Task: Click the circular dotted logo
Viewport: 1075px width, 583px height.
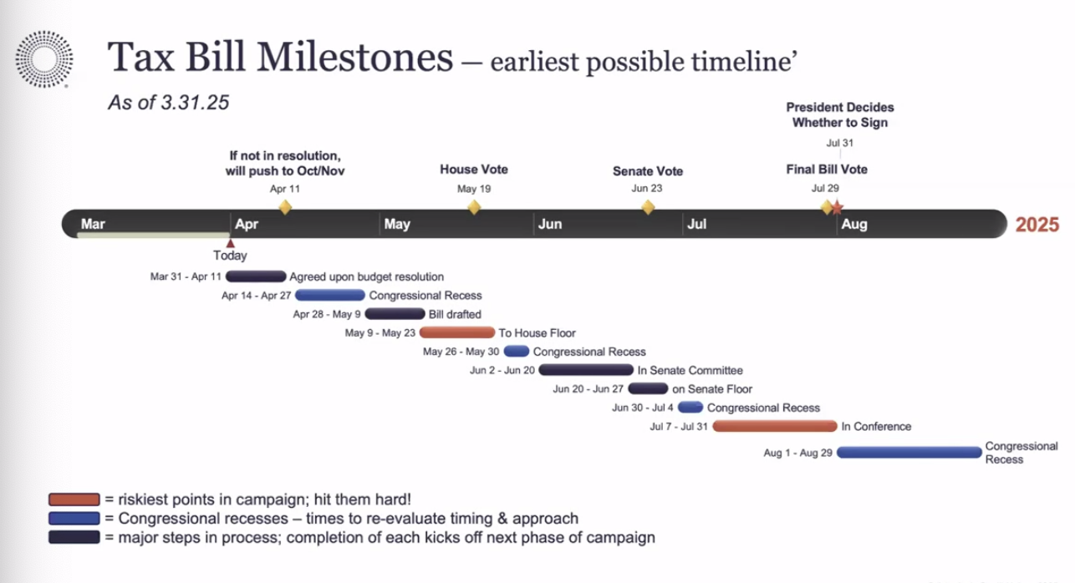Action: (44, 59)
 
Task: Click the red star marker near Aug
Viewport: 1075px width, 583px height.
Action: (837, 208)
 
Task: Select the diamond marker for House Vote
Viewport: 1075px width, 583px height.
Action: (474, 207)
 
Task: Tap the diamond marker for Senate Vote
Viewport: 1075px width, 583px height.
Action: (648, 207)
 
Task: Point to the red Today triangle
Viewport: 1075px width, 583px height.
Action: (231, 243)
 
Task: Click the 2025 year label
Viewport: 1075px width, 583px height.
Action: (1037, 225)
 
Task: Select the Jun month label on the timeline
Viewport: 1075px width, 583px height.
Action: (550, 224)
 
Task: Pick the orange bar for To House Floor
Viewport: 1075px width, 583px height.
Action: (457, 332)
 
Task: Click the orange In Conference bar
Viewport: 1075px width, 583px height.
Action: (775, 426)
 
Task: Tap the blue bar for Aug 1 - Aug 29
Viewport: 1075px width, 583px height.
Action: (909, 453)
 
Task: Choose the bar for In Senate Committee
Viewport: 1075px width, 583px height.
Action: (586, 370)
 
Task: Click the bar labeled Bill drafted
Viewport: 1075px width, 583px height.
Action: (395, 314)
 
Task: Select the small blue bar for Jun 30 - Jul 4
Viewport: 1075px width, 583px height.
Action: (690, 408)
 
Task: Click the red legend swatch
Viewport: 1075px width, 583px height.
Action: (74, 499)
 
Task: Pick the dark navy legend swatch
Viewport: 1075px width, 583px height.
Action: (74, 537)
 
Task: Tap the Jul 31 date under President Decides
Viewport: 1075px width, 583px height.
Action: (840, 143)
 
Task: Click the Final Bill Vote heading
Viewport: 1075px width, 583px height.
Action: (827, 170)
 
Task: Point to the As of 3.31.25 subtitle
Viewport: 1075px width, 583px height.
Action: (169, 103)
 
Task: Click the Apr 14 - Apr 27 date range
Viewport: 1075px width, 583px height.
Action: (257, 296)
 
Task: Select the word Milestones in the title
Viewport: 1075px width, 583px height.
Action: (354, 57)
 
